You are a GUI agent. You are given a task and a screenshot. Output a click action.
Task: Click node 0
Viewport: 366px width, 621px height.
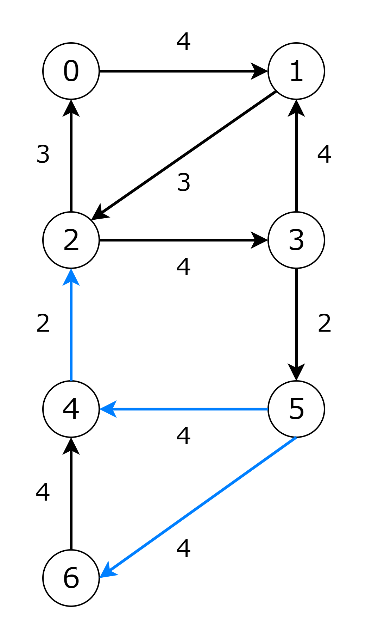tap(71, 71)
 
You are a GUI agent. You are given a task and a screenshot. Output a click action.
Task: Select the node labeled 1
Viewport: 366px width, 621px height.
tap(296, 71)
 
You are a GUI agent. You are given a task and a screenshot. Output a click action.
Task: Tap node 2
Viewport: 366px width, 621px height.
tap(71, 240)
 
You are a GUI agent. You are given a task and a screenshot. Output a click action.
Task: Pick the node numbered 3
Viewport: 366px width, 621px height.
tap(296, 240)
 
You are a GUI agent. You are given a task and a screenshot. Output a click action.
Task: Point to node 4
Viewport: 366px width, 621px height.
tap(71, 409)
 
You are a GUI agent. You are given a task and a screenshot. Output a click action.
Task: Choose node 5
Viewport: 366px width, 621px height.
tap(296, 409)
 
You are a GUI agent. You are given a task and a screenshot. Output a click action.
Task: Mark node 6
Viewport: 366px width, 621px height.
tap(71, 578)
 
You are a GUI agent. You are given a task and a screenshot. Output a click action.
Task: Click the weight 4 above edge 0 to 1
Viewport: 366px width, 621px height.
tap(183, 42)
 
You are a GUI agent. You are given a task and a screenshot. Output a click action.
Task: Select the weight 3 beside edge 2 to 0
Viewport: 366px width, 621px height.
tap(43, 154)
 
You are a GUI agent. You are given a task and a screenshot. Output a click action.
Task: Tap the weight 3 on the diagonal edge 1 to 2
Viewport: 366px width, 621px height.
tap(184, 182)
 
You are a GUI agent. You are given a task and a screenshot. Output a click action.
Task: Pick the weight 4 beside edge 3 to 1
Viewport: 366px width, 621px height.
tap(324, 154)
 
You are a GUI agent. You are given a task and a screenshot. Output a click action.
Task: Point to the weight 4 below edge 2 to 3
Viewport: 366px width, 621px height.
tap(183, 267)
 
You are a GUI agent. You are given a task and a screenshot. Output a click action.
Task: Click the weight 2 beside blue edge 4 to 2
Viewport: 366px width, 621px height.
tap(43, 323)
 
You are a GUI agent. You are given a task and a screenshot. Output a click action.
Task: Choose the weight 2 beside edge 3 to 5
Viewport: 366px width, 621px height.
tap(324, 323)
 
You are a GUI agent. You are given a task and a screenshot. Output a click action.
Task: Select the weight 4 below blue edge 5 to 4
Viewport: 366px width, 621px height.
tap(183, 436)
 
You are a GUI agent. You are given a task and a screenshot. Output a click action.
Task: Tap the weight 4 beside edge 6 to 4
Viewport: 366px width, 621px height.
tap(43, 492)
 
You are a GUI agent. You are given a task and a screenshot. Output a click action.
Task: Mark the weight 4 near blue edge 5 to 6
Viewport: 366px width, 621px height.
tap(183, 548)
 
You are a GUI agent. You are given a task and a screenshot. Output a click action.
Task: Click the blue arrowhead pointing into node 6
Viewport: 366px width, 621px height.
tap(108, 571)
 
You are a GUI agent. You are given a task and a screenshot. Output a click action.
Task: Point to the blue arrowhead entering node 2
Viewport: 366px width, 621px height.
tap(71, 277)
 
